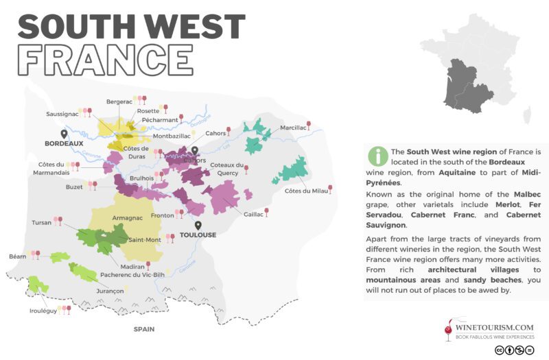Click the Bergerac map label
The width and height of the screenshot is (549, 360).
click(119, 102)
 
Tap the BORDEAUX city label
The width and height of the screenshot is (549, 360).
click(64, 144)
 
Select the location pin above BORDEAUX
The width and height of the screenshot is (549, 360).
click(64, 133)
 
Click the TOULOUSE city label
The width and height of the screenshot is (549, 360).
click(198, 235)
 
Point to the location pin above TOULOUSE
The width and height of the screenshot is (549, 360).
click(198, 224)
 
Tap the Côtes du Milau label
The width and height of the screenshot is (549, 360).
click(305, 191)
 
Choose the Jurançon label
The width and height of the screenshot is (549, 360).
click(109, 291)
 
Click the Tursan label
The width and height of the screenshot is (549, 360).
click(42, 223)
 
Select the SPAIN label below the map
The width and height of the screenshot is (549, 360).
click(143, 329)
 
